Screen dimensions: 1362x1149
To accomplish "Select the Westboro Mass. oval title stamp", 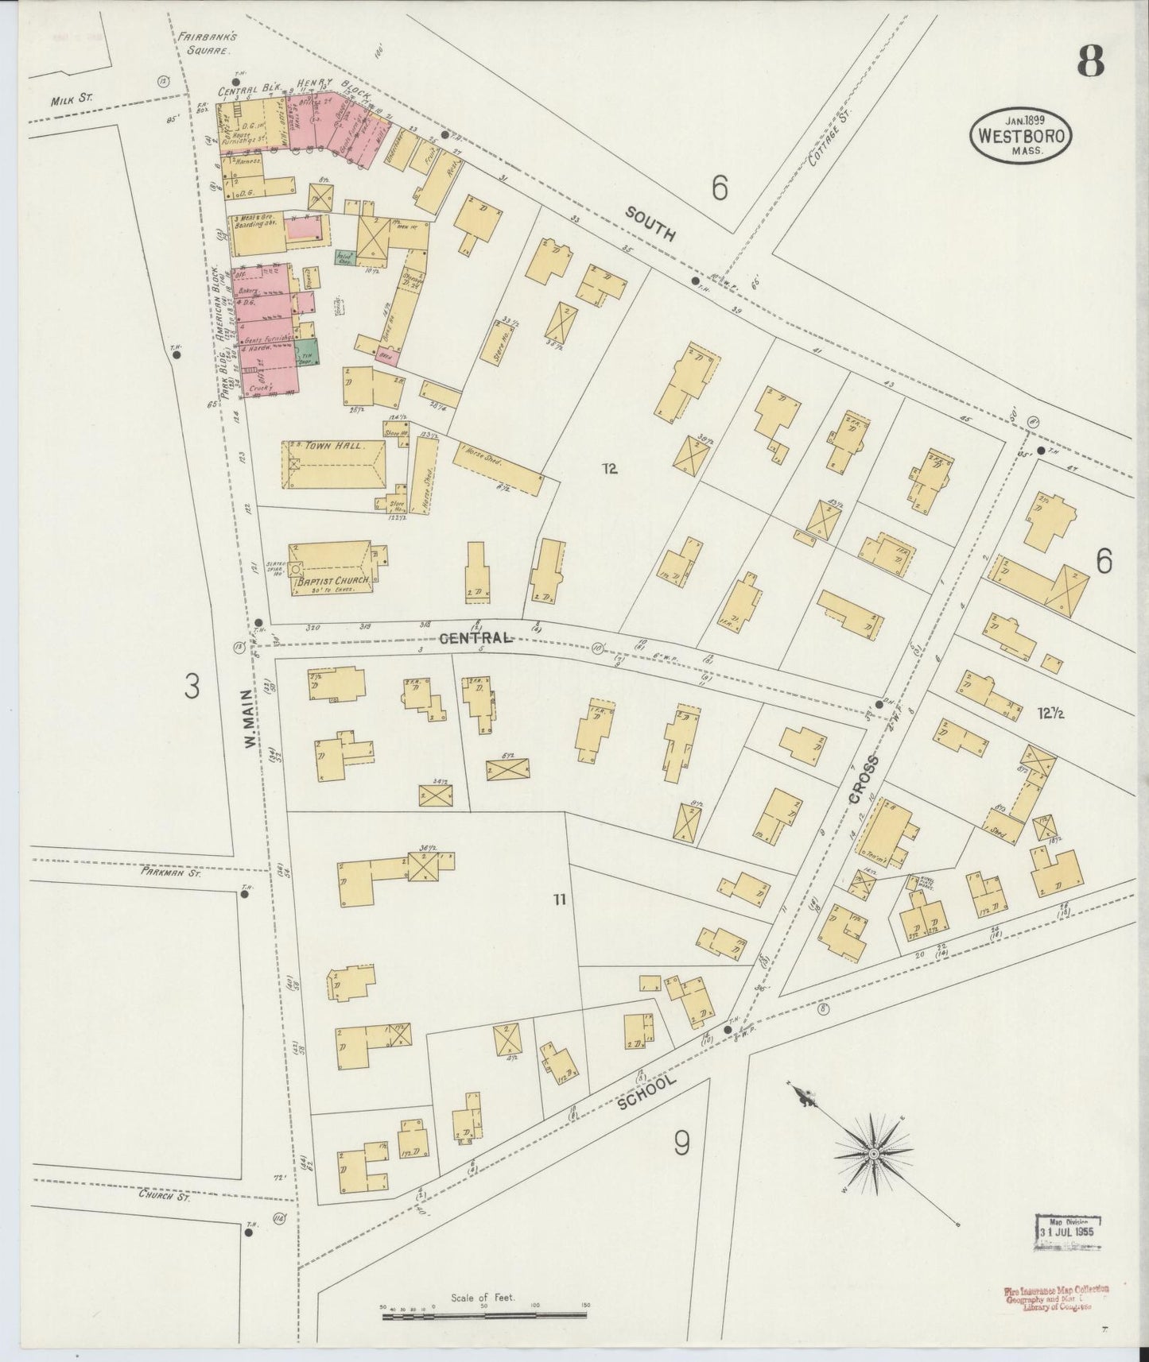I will coord(1019,135).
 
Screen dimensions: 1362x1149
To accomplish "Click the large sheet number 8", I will coord(1091,61).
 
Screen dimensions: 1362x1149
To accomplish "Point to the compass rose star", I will coord(873,1152).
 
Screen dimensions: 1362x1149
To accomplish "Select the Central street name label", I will coord(473,638).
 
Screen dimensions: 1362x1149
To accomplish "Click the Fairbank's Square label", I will coord(204,43).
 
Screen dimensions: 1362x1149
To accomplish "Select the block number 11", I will coord(559,900).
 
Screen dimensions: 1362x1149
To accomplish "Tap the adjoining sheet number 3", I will coord(191,687).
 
